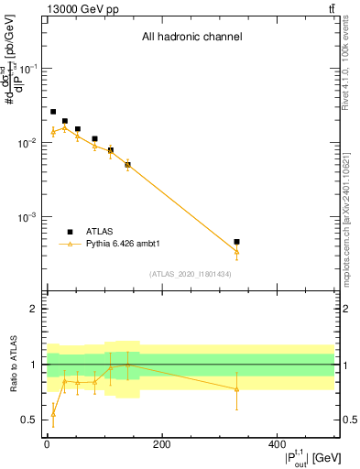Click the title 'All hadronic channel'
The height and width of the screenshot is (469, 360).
pyautogui.click(x=191, y=38)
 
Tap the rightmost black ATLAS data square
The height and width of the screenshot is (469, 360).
pyautogui.click(x=236, y=242)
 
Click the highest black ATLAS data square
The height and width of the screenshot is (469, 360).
pyautogui.click(x=53, y=112)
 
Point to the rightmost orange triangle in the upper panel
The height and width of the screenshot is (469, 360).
pyautogui.click(x=236, y=251)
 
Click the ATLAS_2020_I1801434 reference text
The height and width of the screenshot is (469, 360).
pyautogui.click(x=191, y=274)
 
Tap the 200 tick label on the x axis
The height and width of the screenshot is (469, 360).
pyautogui.click(x=161, y=444)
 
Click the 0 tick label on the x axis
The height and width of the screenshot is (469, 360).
pyautogui.click(x=47, y=444)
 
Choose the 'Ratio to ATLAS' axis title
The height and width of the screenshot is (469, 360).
pyautogui.click(x=13, y=364)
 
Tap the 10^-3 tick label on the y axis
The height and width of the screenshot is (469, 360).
pyautogui.click(x=27, y=218)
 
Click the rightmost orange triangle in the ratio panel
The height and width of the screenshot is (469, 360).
pyautogui.click(x=236, y=389)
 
